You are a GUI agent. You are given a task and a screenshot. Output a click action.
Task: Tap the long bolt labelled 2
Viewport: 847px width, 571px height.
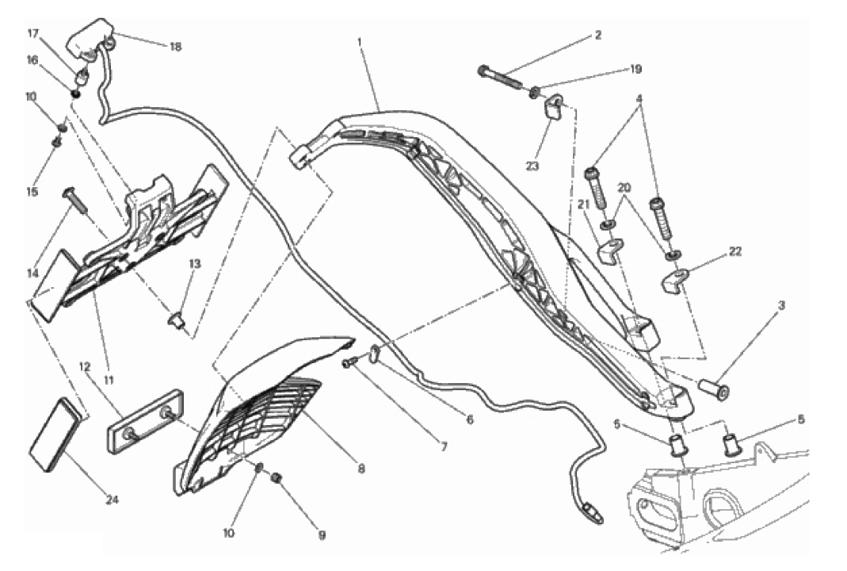coord(500,77)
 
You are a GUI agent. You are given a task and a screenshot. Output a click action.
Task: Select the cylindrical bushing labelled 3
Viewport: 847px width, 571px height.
coord(714,387)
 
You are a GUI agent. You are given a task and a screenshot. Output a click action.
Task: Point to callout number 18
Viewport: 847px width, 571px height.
coord(176,47)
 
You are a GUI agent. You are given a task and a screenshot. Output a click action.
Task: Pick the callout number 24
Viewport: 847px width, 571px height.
coord(112,500)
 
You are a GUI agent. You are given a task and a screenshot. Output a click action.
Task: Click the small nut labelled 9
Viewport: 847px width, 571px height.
coord(277,477)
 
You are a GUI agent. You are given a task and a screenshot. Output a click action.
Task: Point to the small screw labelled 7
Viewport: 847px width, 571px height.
coord(349,365)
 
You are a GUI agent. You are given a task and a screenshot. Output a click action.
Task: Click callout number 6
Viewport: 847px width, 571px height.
coord(469,420)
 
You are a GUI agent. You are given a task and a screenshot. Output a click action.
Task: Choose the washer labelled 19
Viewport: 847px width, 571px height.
coord(533,92)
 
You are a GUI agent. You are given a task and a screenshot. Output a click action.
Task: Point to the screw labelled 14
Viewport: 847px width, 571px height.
coord(75,200)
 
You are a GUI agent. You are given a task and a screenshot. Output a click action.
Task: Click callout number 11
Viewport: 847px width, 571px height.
coord(109,380)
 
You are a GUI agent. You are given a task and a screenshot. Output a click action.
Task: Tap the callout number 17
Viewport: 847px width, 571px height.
coord(33,34)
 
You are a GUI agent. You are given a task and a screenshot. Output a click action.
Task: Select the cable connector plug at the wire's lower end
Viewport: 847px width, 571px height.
coord(591,511)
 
